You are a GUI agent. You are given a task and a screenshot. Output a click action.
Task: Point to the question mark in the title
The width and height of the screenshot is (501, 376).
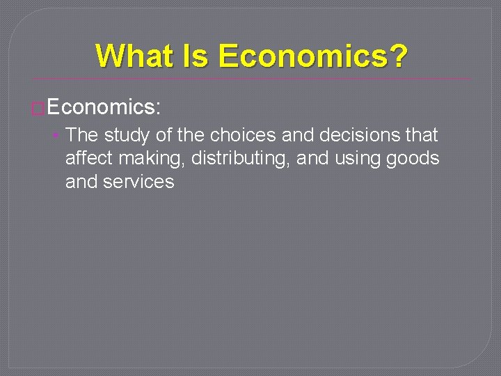399,56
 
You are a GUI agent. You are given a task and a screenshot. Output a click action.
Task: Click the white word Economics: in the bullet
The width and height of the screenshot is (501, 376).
104,107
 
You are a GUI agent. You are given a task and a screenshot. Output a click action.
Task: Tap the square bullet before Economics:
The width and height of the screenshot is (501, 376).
38,108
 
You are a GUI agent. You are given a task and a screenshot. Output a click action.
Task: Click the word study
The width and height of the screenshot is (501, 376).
127,135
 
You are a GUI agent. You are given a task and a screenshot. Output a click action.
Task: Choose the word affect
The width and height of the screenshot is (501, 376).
88,159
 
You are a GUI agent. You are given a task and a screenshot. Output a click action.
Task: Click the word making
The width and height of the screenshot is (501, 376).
151,159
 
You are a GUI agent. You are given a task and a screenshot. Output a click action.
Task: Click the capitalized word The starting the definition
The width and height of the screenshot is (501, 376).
82,135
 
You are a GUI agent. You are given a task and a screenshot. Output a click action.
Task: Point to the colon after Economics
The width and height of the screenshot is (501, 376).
159,108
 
